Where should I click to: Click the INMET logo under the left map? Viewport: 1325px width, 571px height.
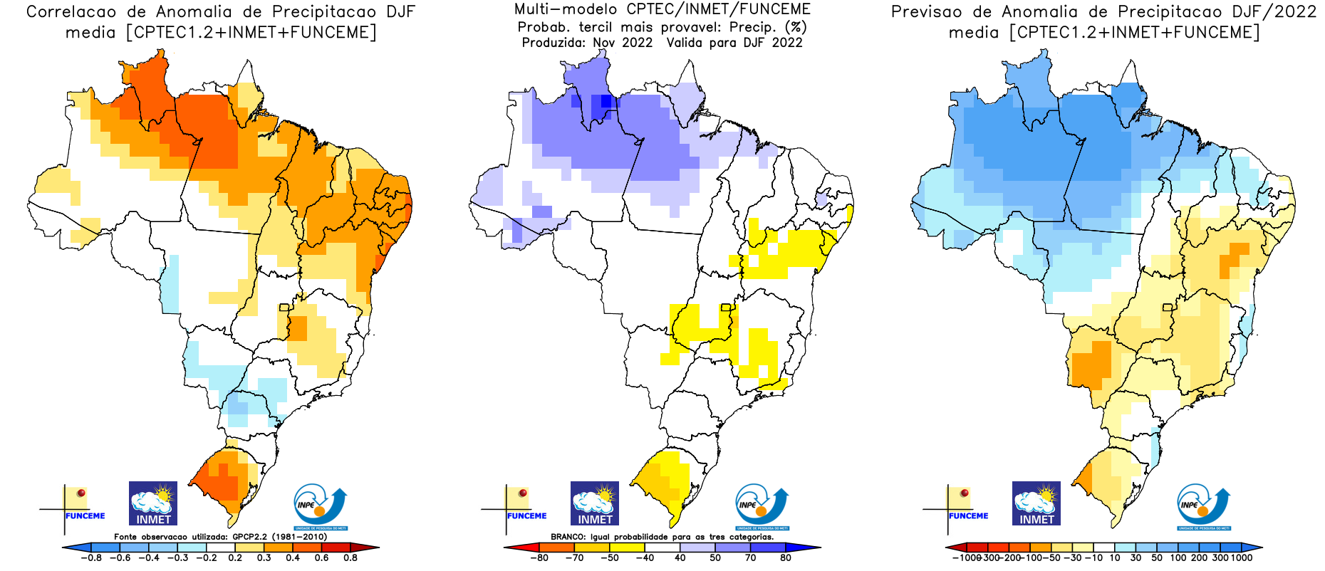tap(153, 503)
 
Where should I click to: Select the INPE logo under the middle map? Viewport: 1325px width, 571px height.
tap(762, 506)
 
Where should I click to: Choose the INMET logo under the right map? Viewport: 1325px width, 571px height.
tap(1036, 503)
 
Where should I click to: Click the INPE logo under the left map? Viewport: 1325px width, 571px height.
tap(321, 506)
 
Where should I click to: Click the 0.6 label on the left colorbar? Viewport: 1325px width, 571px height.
tap(321, 558)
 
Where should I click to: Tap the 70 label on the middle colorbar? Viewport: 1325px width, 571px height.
tap(750, 558)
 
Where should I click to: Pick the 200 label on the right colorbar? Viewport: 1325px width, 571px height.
tap(1199, 558)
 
